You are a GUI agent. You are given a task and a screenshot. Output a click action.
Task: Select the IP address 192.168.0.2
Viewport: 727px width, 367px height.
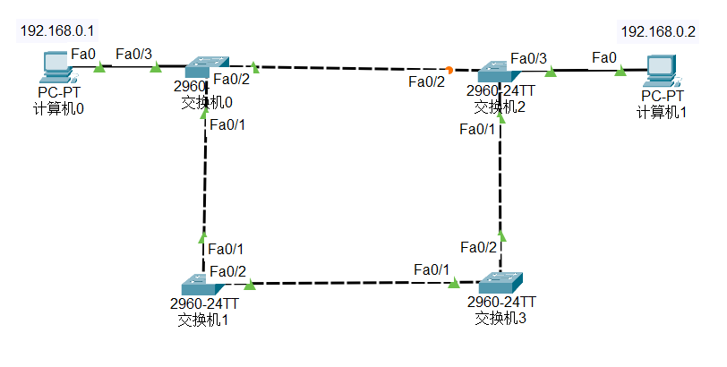[x=658, y=31]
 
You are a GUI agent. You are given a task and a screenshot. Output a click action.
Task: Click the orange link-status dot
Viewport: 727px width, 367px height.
[x=449, y=69]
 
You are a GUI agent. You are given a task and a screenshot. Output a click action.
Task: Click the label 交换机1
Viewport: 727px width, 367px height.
[x=203, y=318]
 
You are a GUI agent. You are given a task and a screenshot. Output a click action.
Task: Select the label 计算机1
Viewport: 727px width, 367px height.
[x=662, y=112]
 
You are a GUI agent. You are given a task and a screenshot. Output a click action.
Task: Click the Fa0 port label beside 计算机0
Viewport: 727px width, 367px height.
[x=83, y=54]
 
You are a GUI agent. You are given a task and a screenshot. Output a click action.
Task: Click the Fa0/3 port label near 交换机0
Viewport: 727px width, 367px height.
[x=134, y=54]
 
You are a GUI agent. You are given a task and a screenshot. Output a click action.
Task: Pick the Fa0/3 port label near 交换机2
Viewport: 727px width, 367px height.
[x=529, y=58]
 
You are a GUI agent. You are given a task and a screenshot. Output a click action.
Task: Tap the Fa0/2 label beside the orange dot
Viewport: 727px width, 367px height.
[x=426, y=82]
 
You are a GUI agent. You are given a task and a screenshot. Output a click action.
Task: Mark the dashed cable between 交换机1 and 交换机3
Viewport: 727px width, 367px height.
[x=349, y=284]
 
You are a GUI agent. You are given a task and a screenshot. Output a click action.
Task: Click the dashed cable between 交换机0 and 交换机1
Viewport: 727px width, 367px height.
[x=205, y=179]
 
